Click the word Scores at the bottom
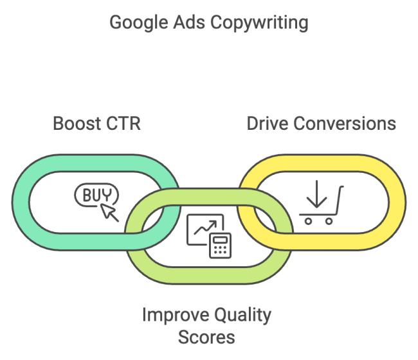206,336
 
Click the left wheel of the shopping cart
308,221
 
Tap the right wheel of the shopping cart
329,221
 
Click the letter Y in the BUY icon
111,193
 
